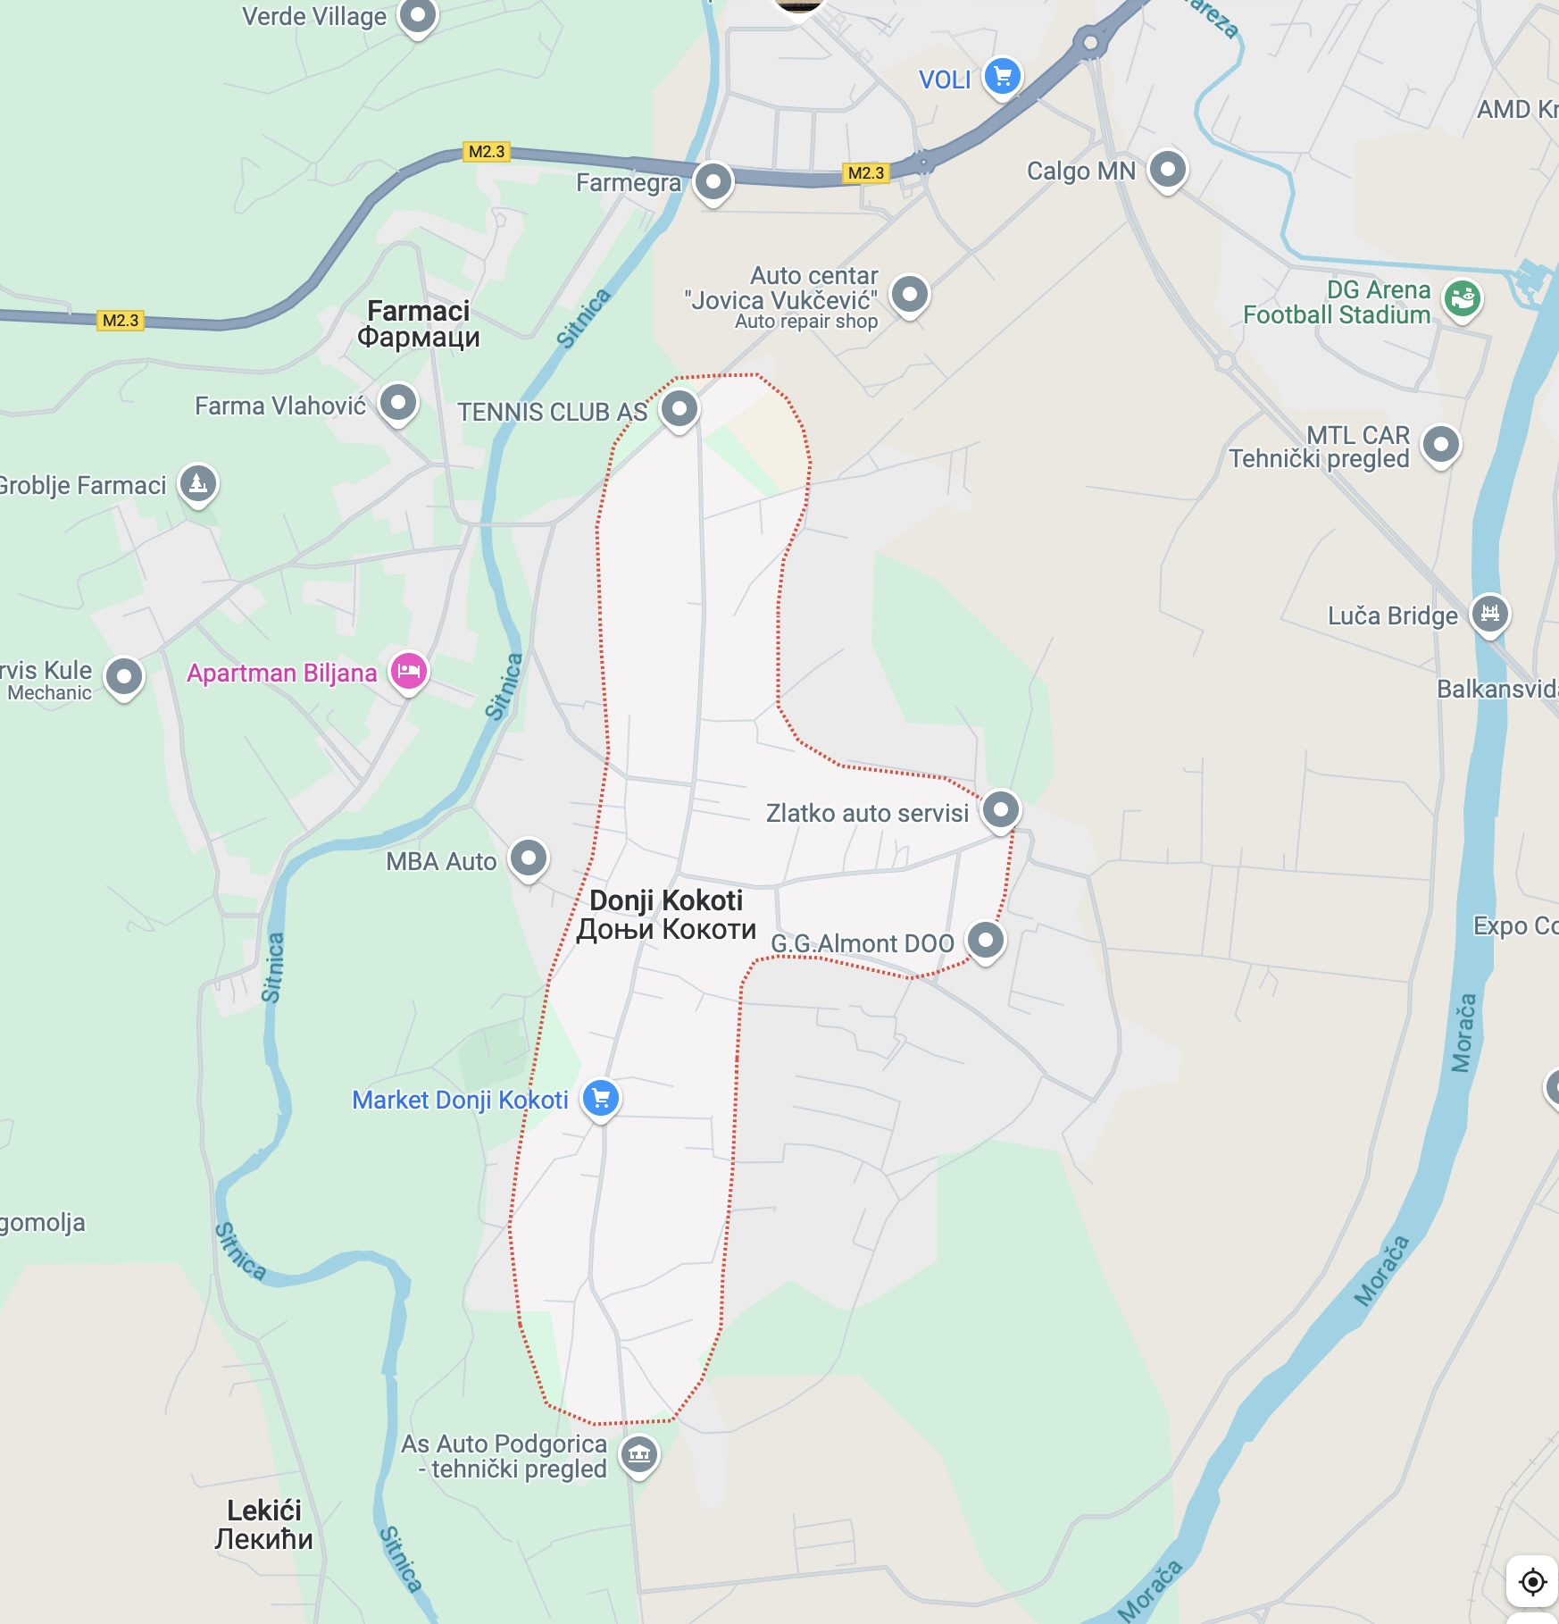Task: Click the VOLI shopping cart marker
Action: point(1002,76)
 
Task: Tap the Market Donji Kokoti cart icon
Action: point(601,1098)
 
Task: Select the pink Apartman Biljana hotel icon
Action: point(409,671)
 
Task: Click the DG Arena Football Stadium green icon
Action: point(1463,298)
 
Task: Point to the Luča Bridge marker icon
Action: point(1489,613)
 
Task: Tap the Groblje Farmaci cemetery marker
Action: point(198,483)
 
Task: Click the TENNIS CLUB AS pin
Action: point(679,408)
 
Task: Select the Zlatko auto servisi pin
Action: point(1000,809)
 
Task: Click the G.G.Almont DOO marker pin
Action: point(986,940)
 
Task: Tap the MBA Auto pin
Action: point(529,858)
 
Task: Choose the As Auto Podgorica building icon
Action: point(639,1454)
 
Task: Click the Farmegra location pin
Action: point(713,181)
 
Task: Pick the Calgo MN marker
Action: point(1167,168)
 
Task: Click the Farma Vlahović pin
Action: point(398,402)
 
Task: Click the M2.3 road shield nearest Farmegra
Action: point(865,173)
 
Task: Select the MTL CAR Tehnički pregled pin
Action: point(1440,444)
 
